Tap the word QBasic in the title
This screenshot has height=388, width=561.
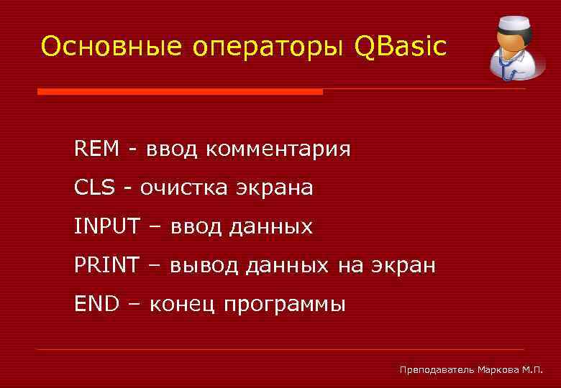coord(400,47)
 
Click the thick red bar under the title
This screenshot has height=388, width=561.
coord(180,92)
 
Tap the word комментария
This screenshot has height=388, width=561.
coord(278,150)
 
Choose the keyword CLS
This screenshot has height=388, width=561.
coord(94,188)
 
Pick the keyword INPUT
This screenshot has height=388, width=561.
coord(106,227)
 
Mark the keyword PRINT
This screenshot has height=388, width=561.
coord(106,266)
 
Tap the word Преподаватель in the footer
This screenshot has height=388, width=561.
coord(437,369)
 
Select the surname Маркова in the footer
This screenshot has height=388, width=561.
coord(499,369)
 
